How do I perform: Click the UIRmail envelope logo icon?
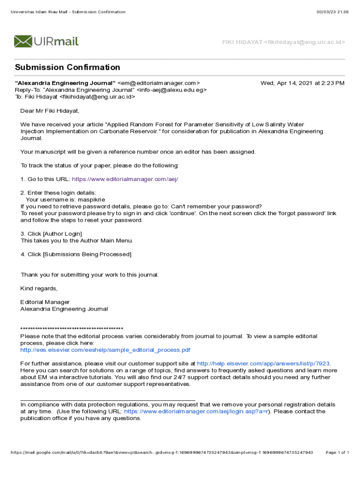pyautogui.click(x=23, y=41)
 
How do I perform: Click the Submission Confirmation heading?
pyautogui.click(x=67, y=67)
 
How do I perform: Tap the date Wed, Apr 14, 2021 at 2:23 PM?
pyautogui.click(x=302, y=83)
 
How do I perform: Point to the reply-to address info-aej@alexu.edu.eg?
pyautogui.click(x=171, y=90)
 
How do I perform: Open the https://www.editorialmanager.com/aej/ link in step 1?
pyautogui.click(x=125, y=179)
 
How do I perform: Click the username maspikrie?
pyautogui.click(x=91, y=199)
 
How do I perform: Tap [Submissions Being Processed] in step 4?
pyautogui.click(x=87, y=254)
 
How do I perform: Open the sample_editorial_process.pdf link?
pyautogui.click(x=105, y=350)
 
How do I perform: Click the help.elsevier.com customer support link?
pyautogui.click(x=263, y=363)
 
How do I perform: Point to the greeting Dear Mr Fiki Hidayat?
pyautogui.click(x=50, y=111)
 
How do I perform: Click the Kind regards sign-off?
pyautogui.click(x=39, y=288)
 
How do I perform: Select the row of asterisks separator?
pyautogui.click(x=72, y=329)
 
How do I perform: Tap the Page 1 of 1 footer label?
pyautogui.click(x=337, y=453)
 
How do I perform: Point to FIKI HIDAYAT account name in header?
pyautogui.click(x=241, y=43)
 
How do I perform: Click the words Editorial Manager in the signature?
pyautogui.click(x=45, y=302)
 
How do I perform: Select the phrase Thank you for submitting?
pyautogui.click(x=55, y=275)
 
